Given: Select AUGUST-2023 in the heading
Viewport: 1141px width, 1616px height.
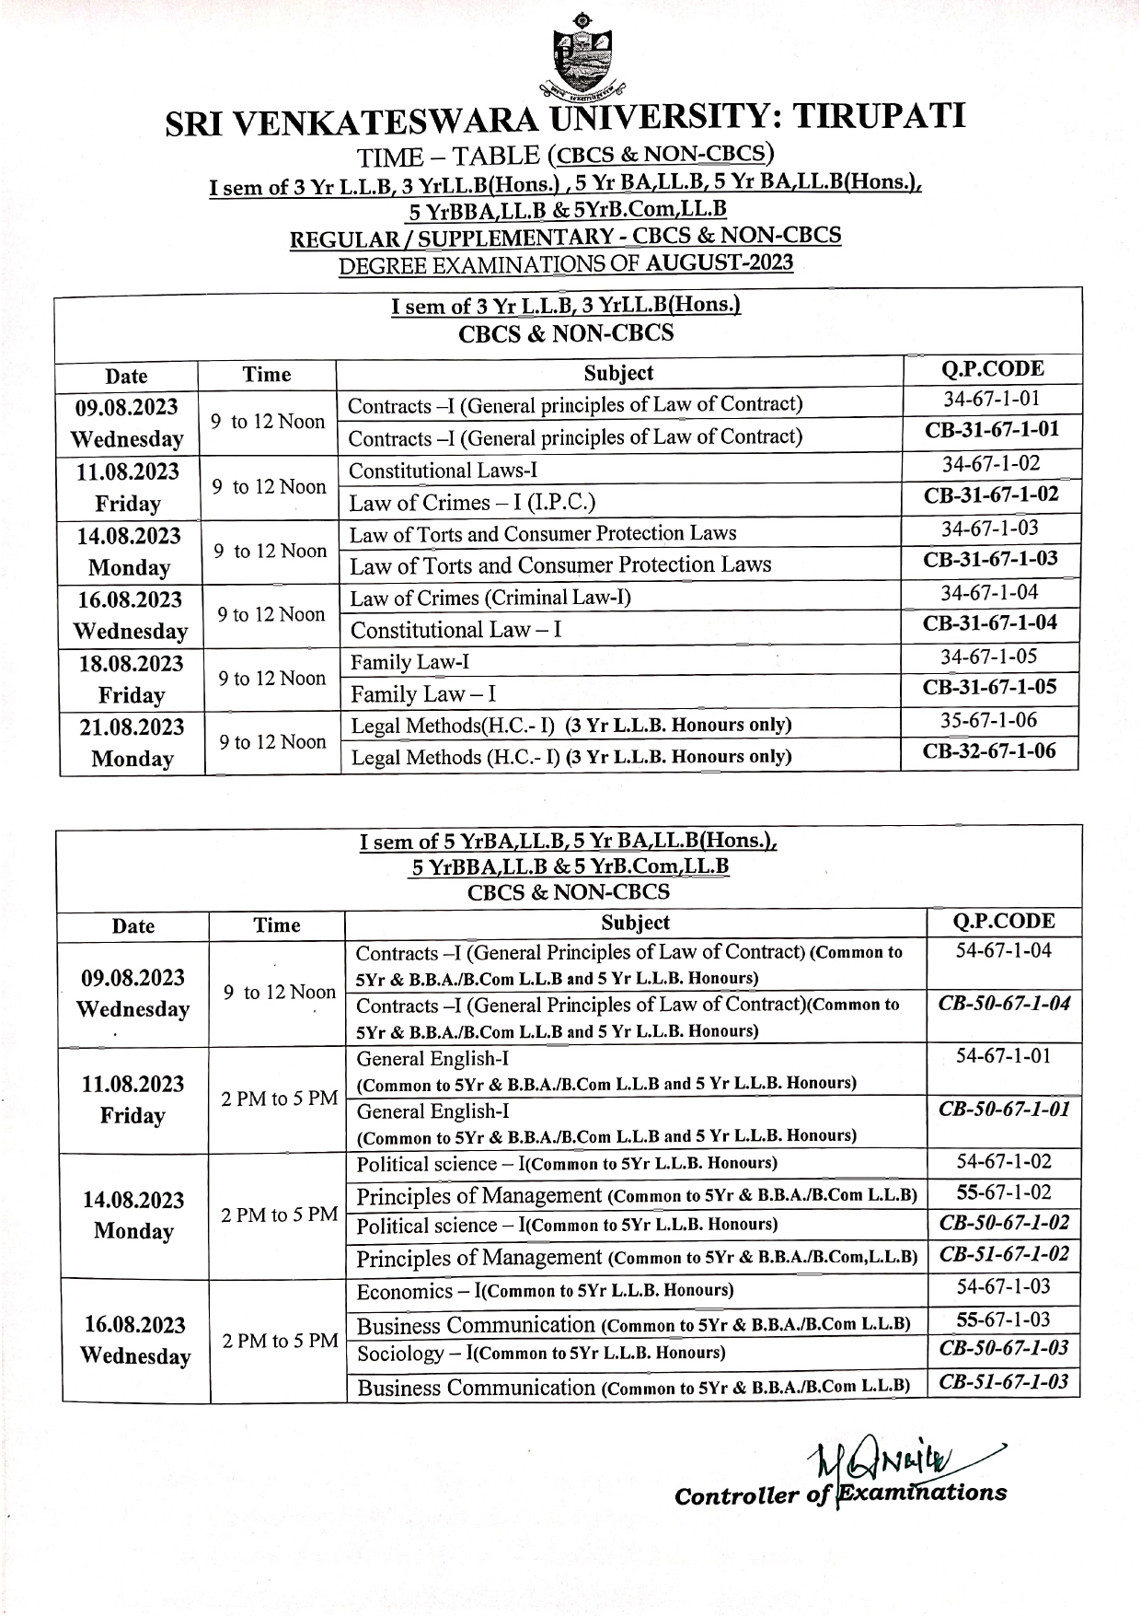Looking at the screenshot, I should click(x=720, y=263).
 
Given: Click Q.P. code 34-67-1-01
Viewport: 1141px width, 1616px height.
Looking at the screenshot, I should click(x=990, y=399).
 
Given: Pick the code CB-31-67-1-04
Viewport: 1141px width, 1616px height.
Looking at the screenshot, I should click(x=990, y=623).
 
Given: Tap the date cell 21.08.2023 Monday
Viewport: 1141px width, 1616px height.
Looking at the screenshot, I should click(x=132, y=743).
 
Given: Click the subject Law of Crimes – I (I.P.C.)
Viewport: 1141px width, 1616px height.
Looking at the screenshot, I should click(x=472, y=503).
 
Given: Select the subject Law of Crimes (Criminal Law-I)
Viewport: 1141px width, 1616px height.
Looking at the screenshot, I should click(x=490, y=599).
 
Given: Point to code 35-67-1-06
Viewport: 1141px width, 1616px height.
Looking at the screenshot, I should click(x=990, y=720).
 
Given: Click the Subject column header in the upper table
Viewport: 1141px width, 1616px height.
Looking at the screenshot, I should click(x=618, y=373).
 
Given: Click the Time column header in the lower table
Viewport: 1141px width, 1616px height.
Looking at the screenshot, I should click(x=277, y=925).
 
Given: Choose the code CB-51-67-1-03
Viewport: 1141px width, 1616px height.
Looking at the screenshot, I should click(x=1003, y=1382).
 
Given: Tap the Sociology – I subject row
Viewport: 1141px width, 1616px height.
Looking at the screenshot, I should click(x=541, y=1354).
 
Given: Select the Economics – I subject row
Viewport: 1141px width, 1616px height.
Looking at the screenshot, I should click(x=545, y=1291).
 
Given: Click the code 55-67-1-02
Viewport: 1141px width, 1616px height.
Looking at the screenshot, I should click(x=1003, y=1193).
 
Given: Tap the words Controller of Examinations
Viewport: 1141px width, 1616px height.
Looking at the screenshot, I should click(x=839, y=1494).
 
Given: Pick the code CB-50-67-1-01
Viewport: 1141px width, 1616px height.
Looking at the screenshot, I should click(x=1003, y=1109).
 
